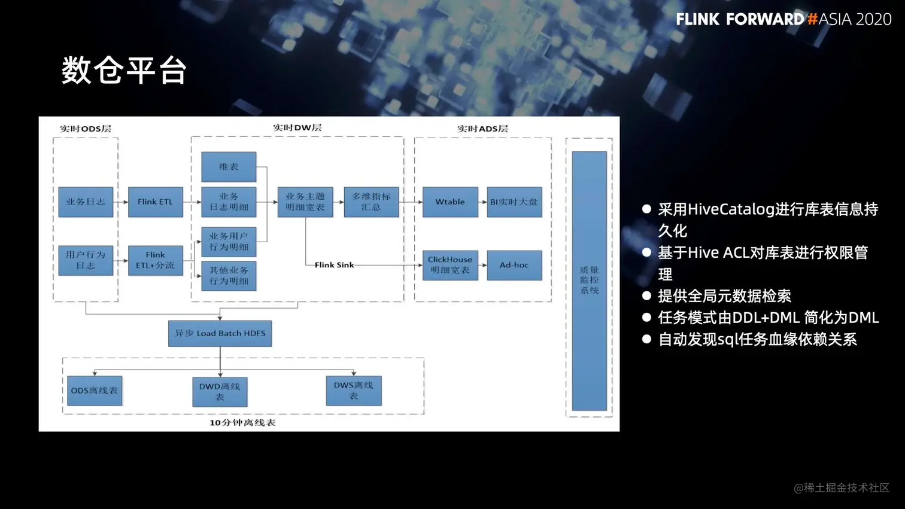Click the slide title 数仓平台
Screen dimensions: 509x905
coord(124,71)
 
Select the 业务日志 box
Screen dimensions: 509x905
coord(86,202)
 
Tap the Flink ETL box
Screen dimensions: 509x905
coord(155,202)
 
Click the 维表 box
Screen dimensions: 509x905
coord(229,167)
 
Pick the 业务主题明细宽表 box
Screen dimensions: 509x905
coord(305,202)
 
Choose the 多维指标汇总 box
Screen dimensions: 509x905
coord(371,202)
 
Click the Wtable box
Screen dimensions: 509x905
coord(450,202)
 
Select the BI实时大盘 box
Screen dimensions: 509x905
coord(514,202)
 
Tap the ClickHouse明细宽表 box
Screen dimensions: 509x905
coord(450,265)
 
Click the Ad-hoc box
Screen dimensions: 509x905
coord(514,265)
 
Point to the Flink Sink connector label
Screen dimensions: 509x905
coord(334,265)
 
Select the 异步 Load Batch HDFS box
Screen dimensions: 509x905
coord(220,333)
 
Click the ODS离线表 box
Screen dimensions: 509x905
coord(95,391)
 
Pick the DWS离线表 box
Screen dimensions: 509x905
coord(353,391)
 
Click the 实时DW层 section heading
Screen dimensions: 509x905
coord(297,127)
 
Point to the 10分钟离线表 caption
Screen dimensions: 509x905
coord(242,423)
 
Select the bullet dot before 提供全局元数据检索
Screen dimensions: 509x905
coord(646,295)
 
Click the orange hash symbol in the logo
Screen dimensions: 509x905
coord(812,19)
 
